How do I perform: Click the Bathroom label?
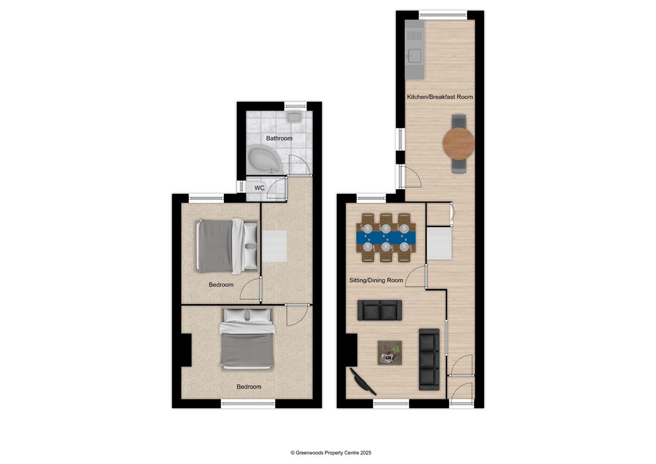click(x=279, y=138)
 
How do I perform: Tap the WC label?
click(x=259, y=188)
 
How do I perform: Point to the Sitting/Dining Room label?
click(x=376, y=281)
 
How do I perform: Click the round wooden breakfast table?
click(x=458, y=143)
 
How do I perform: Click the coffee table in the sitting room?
click(x=390, y=353)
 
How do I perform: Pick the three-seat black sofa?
click(x=429, y=359)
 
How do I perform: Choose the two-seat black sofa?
click(x=380, y=310)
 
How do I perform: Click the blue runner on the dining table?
click(x=386, y=238)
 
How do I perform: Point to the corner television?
click(x=362, y=381)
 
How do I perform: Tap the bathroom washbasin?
click(x=294, y=116)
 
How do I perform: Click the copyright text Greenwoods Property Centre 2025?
click(x=331, y=453)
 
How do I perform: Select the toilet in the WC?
click(x=249, y=188)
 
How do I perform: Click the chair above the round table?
click(x=458, y=121)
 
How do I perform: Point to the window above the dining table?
click(x=371, y=198)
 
